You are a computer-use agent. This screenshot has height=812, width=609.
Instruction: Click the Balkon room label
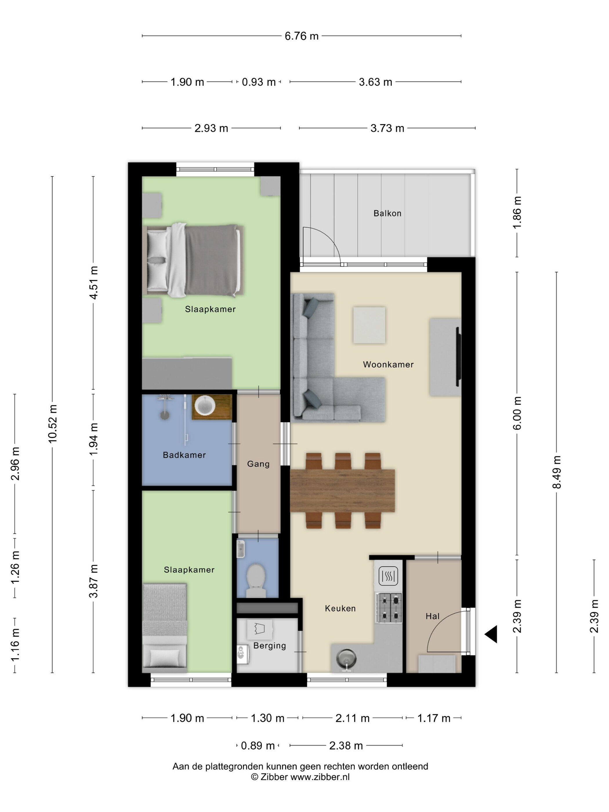[x=387, y=213]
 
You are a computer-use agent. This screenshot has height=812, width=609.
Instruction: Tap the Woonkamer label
[x=388, y=365]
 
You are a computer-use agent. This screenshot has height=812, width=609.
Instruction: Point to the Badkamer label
[x=184, y=455]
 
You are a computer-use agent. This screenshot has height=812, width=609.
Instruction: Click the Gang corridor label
[x=258, y=464]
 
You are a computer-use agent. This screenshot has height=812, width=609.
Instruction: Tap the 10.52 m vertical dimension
[x=52, y=424]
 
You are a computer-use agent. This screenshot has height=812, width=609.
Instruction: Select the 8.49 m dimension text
[x=557, y=472]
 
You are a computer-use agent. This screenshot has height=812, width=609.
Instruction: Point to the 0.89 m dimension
[x=258, y=746]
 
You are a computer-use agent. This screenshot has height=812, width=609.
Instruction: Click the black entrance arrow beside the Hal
[x=491, y=634]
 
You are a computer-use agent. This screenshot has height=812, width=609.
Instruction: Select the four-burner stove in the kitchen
[x=388, y=608]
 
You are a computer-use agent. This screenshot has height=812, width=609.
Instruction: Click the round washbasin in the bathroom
[x=204, y=405]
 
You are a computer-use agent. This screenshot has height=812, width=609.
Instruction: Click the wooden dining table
[x=342, y=490]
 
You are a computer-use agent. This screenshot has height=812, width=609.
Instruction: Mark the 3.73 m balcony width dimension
[x=387, y=128]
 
